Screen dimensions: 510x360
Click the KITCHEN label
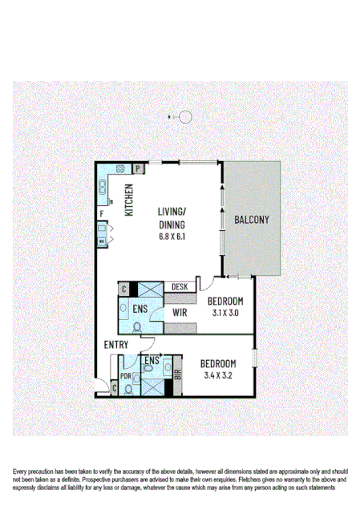pos(127,200)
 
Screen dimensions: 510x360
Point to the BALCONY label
pos(251,220)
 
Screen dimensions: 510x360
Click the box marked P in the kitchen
pos(138,168)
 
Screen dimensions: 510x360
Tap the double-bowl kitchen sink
pos(103,189)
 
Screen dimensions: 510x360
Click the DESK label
pos(180,286)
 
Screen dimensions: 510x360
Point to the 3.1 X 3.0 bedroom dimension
pos(225,314)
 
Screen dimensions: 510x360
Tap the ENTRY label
pos(115,345)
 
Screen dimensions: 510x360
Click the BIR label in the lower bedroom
pos(177,372)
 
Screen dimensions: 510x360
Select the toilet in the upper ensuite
pos(137,326)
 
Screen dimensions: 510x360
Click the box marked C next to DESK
pos(123,289)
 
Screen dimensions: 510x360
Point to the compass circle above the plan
pos(186,117)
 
